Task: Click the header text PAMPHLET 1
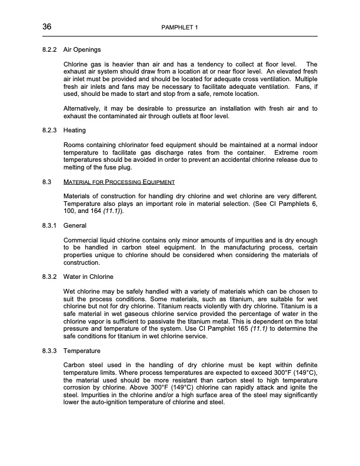179,28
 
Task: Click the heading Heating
75,131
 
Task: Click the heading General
75,225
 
